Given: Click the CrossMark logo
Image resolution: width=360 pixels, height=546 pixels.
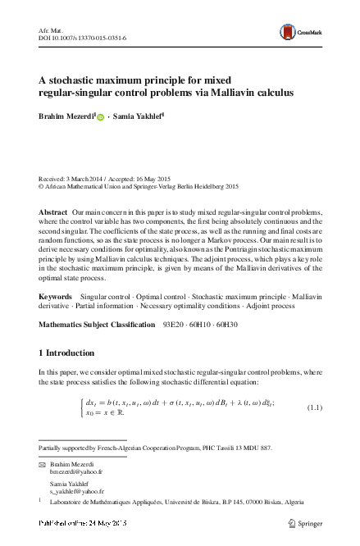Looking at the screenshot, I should click(x=313, y=30).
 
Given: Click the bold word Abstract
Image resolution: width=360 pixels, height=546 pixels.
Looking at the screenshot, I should click(x=54, y=212).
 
